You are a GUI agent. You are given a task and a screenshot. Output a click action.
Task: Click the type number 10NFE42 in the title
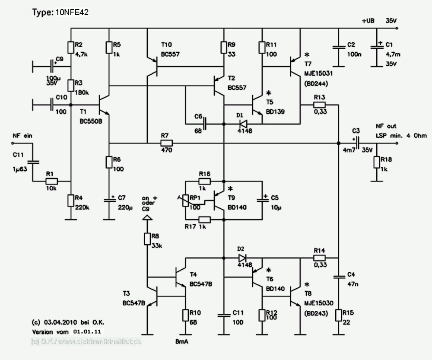click(72, 13)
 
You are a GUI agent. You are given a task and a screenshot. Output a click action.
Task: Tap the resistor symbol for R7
click(166, 143)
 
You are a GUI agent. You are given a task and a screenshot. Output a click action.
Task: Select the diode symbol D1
click(243, 124)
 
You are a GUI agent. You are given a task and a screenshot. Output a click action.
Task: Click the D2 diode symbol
click(243, 258)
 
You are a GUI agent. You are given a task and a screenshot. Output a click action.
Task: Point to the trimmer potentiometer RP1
click(185, 201)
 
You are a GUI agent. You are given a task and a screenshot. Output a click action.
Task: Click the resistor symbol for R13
click(319, 105)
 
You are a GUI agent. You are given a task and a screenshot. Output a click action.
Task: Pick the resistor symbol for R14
click(319, 258)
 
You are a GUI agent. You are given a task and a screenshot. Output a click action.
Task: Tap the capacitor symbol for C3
click(357, 143)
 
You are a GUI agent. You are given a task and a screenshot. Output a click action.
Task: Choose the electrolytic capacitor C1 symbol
click(377, 47)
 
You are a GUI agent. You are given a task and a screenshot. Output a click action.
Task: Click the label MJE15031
click(318, 73)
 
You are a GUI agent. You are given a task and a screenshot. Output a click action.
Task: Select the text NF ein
click(22, 136)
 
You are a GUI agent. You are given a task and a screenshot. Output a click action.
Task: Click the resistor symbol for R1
click(51, 181)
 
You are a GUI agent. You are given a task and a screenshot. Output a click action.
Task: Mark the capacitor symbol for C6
click(205, 124)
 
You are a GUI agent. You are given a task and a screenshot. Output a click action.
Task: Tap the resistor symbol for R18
click(377, 162)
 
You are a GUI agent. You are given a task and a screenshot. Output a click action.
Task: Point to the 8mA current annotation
click(181, 341)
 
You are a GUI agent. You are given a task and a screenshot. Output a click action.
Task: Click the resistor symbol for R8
click(147, 239)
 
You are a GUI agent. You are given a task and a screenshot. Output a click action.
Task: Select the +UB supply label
click(368, 21)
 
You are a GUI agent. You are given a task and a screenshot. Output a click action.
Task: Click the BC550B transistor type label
click(91, 121)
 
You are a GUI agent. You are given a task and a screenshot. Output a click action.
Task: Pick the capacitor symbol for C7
click(109, 201)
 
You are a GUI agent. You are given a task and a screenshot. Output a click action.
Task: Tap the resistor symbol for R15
click(339, 315)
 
